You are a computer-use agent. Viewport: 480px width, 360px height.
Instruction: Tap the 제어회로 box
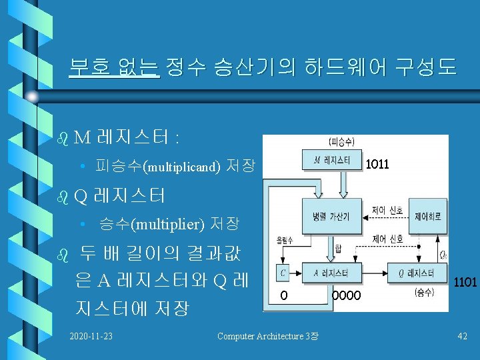[427, 217]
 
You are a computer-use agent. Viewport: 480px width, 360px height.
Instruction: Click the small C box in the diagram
[283, 273]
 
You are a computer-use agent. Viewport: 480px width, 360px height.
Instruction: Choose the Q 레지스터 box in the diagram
[425, 273]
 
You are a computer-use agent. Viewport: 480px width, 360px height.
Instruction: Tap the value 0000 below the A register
[347, 295]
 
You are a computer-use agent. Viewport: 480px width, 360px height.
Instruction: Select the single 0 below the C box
[284, 295]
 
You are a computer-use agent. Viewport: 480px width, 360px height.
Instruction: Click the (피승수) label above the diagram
[342, 141]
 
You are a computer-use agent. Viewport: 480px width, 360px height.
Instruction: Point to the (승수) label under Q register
[424, 292]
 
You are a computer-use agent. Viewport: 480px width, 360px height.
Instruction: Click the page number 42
[462, 336]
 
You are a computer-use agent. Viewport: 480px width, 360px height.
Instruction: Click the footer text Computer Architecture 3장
[267, 336]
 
